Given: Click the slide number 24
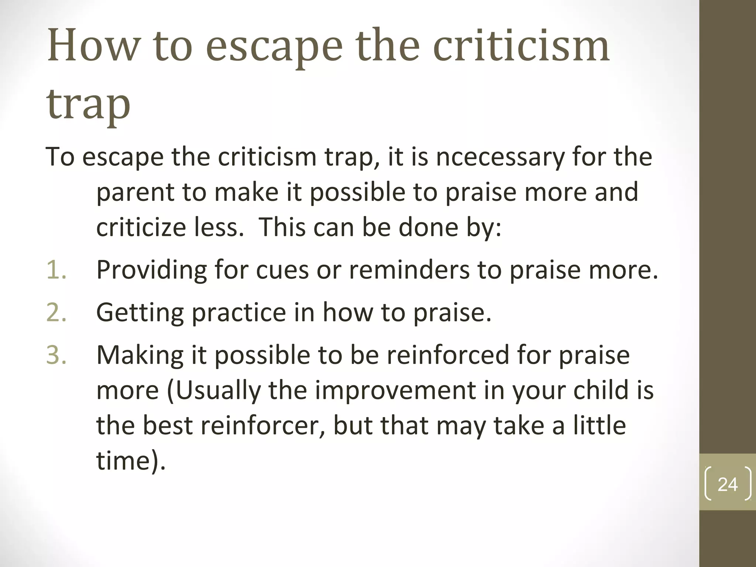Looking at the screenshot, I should pyautogui.click(x=728, y=484).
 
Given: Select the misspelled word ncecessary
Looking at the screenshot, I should pyautogui.click(x=500, y=157).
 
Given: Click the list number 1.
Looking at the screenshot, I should pyautogui.click(x=56, y=270).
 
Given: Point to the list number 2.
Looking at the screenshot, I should pyautogui.click(x=56, y=312).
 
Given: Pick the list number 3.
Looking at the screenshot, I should pyautogui.click(x=56, y=355).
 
